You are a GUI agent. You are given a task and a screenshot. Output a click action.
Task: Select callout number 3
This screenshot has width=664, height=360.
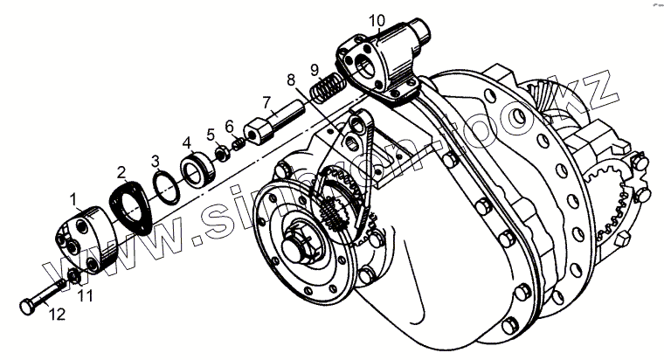coord(155,161)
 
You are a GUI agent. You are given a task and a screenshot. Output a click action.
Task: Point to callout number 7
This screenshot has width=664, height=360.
coord(187,142)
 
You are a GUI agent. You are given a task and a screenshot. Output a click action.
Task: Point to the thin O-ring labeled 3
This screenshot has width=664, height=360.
coord(165,184)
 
